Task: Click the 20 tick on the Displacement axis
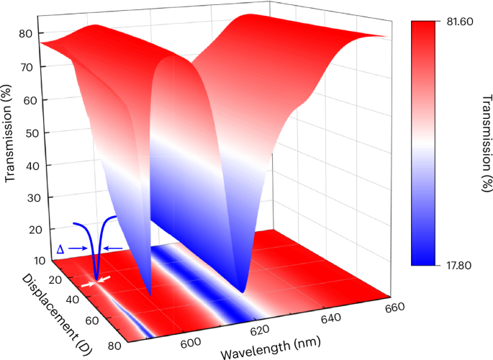tap(51, 280)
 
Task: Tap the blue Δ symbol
tap(60, 249)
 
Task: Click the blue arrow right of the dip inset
tap(112, 249)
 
